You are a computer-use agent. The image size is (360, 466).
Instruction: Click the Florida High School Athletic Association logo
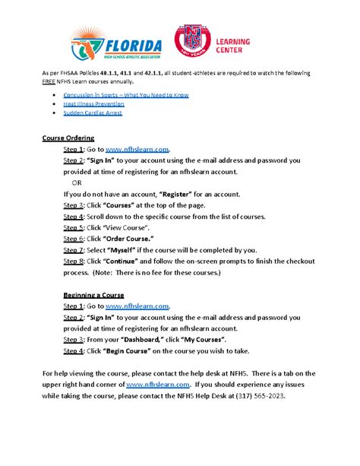coord(118,45)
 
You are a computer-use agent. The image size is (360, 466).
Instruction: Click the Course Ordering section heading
coord(68,139)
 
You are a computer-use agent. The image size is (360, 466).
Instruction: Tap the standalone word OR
coord(77,183)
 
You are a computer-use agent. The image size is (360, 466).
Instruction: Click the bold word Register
coord(180,195)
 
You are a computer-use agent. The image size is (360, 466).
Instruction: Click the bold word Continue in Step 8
coord(113,261)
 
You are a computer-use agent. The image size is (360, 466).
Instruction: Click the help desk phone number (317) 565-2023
coord(257,395)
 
